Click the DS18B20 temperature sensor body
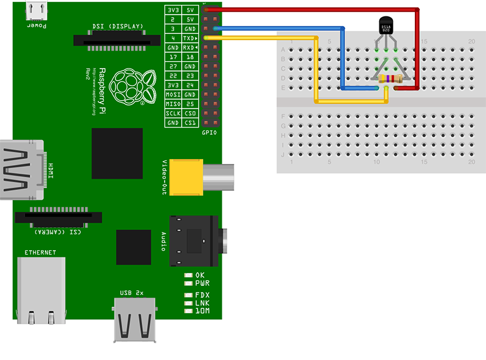pos(386,27)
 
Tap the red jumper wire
pos(418,49)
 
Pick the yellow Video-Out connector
pos(185,177)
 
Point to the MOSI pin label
pos(173,95)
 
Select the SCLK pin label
pos(173,114)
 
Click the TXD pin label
pos(190,38)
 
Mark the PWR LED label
pos(202,283)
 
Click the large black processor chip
pos(117,153)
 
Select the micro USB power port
pos(37,10)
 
